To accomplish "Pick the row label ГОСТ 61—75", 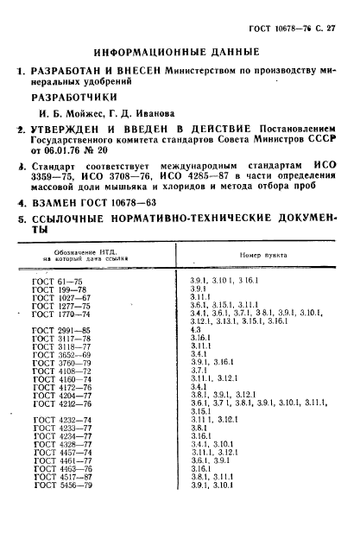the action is [54, 281].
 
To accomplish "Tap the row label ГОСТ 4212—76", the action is [60, 403].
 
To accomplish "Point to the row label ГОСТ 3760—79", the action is [60, 362].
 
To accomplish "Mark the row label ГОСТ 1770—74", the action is [60, 313].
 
